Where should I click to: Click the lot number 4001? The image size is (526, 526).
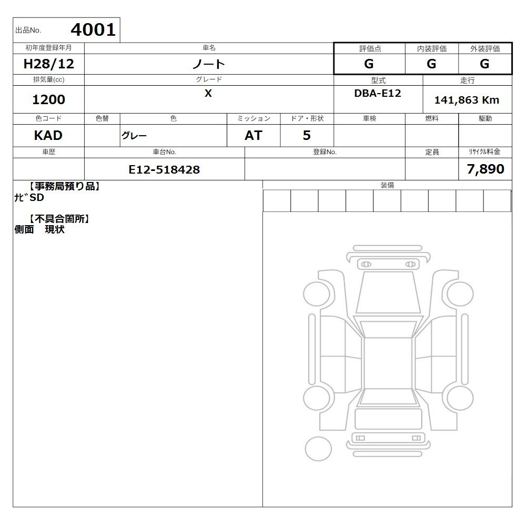93,30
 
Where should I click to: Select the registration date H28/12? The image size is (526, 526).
48,64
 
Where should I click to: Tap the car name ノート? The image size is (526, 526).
208,64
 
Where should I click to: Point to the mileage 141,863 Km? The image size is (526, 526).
467,100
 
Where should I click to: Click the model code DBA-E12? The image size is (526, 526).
378,93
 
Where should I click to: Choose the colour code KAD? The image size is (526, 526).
48,136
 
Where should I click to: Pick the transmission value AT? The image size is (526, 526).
254,136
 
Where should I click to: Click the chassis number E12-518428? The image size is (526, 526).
164,170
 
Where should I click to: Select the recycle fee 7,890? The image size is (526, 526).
485,169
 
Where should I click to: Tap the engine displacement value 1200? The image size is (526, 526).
48,99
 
